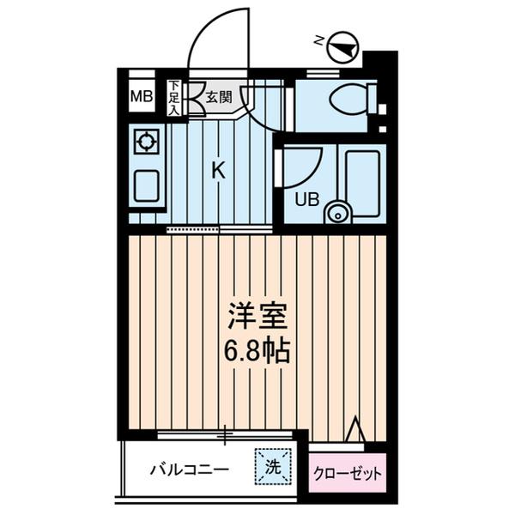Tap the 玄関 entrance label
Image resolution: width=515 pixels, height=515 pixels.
pyautogui.click(x=218, y=96)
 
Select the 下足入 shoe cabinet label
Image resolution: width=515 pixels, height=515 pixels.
pyautogui.click(x=173, y=97)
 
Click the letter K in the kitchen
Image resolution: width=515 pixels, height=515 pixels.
pyautogui.click(x=219, y=171)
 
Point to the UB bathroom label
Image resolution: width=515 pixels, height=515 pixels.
pyautogui.click(x=307, y=200)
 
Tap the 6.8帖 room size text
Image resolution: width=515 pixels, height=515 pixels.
pyautogui.click(x=257, y=350)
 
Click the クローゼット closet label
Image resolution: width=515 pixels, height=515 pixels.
pyautogui.click(x=348, y=473)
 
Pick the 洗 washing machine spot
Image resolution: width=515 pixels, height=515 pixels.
pyautogui.click(x=271, y=467)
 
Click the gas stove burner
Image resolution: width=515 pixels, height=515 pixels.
pyautogui.click(x=146, y=141)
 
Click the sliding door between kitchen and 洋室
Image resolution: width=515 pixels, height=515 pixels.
pyautogui.click(x=192, y=230)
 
